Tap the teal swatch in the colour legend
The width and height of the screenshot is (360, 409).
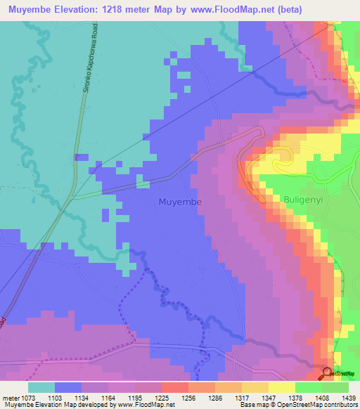[41, 388]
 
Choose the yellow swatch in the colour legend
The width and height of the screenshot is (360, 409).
[255, 388]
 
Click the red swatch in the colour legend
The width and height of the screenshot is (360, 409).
[174, 388]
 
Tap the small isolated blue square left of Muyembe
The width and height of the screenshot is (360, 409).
[82, 157]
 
